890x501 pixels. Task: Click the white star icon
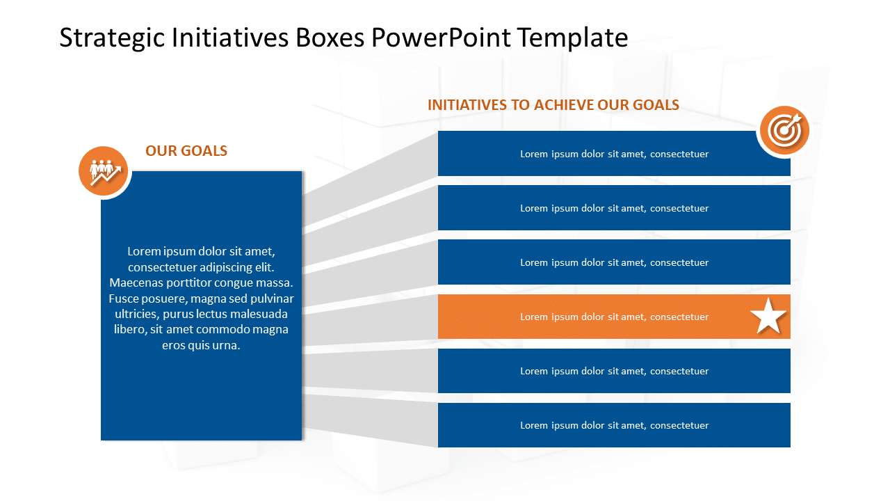[768, 317]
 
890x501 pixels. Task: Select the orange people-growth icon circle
[104, 171]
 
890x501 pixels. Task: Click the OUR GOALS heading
[186, 151]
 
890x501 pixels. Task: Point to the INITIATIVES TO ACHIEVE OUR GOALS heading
[553, 105]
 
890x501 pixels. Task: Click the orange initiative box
[614, 317]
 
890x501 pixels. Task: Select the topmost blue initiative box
[614, 154]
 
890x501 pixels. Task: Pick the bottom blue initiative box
[614, 425]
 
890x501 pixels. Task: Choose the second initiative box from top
[614, 208]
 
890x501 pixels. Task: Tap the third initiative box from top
[614, 262]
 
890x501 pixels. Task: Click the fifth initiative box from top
[614, 371]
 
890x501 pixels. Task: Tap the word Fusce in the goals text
[124, 299]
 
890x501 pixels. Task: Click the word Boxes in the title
[330, 38]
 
